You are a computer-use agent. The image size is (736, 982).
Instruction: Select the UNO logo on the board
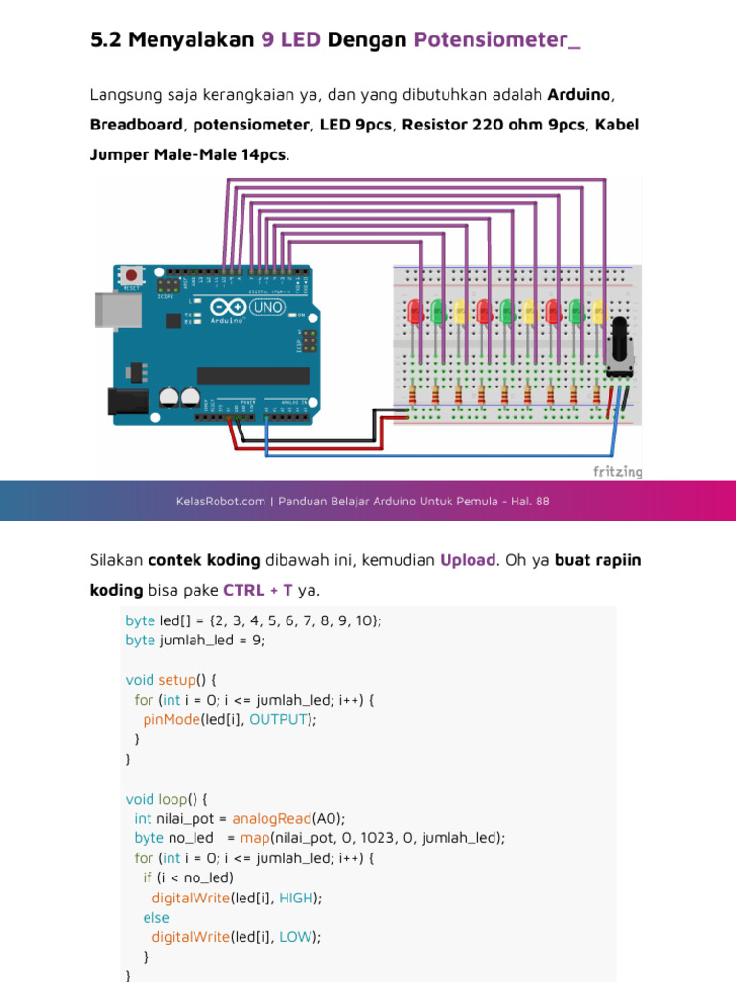click(267, 308)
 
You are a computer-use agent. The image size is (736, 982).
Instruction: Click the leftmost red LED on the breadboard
click(414, 312)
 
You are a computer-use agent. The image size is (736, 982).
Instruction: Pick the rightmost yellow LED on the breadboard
click(597, 312)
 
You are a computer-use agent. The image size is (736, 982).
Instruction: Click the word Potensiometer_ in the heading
click(496, 40)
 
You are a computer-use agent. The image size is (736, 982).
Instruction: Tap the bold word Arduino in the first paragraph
click(580, 95)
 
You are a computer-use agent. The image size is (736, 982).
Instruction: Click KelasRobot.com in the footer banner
click(220, 501)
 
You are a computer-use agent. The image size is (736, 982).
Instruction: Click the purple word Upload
click(467, 559)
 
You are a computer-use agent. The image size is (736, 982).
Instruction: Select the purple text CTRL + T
click(259, 589)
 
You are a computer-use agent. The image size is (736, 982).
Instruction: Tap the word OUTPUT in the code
click(280, 718)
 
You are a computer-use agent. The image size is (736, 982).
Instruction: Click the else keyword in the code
click(156, 917)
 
